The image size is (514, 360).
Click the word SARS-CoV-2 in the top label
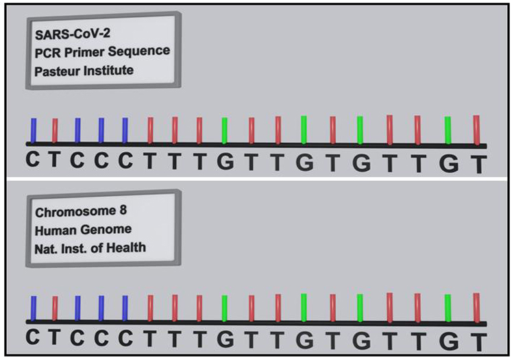73,34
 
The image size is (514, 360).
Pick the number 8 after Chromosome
123,210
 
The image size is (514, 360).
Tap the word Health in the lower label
126,248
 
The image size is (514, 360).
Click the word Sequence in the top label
139,51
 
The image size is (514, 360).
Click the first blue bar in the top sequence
34,131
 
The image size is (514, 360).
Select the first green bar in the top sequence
225,131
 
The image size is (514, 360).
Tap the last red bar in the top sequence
476,130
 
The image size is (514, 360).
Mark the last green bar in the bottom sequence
448,308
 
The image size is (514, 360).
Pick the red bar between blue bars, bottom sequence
55,309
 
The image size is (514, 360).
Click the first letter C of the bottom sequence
33,337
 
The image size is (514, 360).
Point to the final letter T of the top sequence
478,164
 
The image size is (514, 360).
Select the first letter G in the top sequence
225,162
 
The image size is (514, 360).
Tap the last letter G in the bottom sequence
449,341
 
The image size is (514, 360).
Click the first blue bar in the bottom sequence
34,309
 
